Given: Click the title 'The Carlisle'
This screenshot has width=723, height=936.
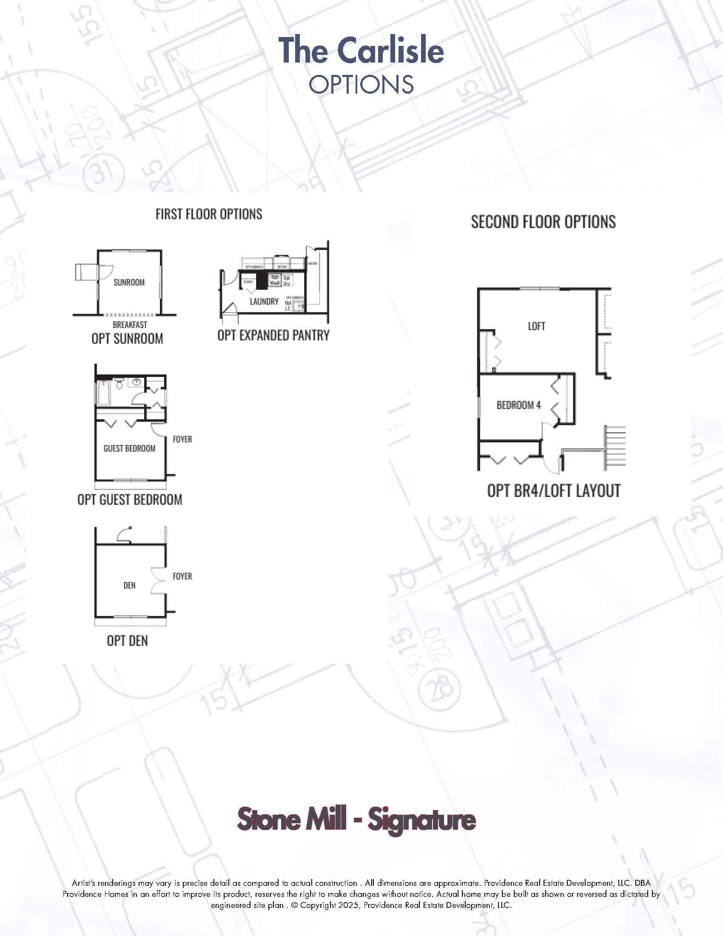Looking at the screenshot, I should click(361, 51).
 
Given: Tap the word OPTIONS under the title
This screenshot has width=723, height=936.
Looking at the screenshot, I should click(361, 84).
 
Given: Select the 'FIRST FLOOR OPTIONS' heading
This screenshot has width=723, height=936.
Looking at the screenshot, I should click(208, 214).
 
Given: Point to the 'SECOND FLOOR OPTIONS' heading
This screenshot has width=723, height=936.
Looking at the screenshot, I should click(543, 222).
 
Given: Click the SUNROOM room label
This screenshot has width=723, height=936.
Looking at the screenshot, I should click(129, 282).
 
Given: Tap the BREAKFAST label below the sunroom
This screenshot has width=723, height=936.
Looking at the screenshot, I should click(130, 325).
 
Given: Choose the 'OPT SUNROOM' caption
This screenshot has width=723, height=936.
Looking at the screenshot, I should click(127, 339).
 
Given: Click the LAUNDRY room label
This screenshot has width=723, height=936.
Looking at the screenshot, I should click(264, 301).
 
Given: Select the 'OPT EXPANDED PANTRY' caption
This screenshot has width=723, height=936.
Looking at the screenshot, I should click(273, 335).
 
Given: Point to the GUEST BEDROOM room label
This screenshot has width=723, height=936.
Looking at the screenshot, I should click(129, 448).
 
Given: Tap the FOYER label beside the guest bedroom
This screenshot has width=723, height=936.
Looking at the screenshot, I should click(182, 439).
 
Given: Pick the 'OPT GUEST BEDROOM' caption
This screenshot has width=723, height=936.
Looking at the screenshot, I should click(129, 499).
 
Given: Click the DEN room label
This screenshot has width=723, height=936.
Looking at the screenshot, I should click(129, 585).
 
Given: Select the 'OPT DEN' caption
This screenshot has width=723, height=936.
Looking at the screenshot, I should click(127, 641).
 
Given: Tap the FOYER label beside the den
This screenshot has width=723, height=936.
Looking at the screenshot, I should click(182, 576).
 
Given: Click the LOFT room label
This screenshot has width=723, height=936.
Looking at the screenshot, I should click(536, 326).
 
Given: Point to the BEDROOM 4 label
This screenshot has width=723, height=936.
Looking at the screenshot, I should click(518, 405).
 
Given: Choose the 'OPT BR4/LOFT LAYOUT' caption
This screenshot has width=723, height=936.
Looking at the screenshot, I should click(553, 491).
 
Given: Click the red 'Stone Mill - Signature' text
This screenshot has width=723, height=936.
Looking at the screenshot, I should click(356, 819).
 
